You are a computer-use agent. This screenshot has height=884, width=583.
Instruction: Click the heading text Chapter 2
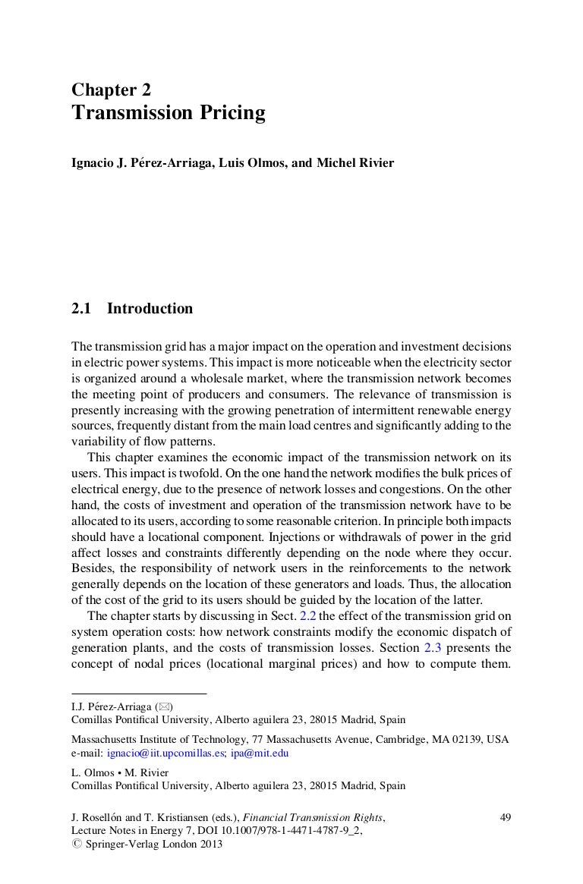point(112,90)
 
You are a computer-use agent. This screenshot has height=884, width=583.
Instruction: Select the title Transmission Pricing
point(169,114)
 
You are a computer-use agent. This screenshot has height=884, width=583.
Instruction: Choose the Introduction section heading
point(150,309)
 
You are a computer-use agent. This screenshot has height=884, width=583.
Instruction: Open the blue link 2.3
point(430,647)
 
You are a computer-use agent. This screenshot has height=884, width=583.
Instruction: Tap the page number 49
point(506,817)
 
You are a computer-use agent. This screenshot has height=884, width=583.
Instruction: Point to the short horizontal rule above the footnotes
point(139,693)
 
